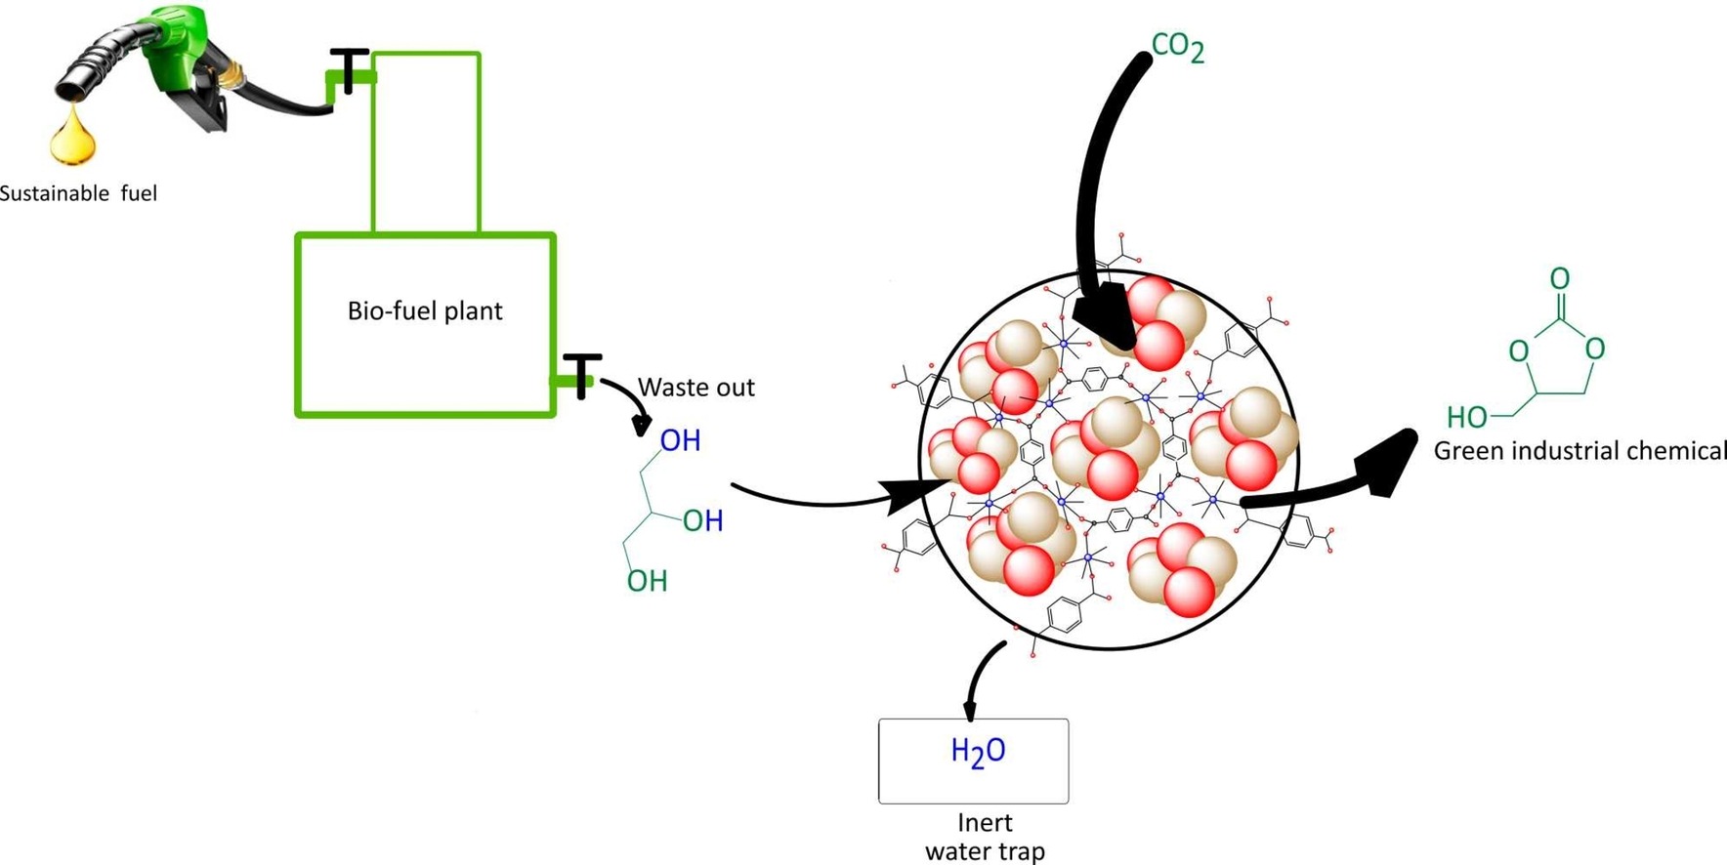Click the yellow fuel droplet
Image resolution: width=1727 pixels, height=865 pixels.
click(x=73, y=138)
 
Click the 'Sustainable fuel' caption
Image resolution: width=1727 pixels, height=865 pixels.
click(x=78, y=193)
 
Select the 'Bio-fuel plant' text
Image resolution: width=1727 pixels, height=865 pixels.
click(x=425, y=311)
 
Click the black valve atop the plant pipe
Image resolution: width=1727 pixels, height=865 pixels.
click(x=349, y=68)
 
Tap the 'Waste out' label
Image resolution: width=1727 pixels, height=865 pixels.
click(x=695, y=388)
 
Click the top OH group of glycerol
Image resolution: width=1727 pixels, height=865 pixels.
click(x=680, y=441)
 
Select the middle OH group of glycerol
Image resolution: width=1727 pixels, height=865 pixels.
click(x=702, y=521)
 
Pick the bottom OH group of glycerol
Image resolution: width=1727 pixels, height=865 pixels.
click(x=647, y=582)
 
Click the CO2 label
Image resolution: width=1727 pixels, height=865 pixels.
click(x=1177, y=47)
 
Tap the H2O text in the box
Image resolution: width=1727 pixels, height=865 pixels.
click(x=978, y=752)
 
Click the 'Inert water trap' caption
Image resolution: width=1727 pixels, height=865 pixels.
click(x=985, y=837)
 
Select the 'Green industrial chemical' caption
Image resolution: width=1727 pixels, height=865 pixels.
click(x=1579, y=451)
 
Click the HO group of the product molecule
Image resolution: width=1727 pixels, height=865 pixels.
click(x=1466, y=418)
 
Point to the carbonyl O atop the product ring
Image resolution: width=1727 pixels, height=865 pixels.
click(x=1559, y=279)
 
